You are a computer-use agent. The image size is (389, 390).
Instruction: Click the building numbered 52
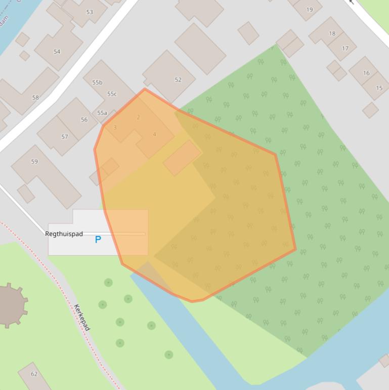[x=178, y=80]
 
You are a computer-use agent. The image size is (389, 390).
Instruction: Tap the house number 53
[x=90, y=12]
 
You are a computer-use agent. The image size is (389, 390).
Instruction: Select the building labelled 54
[x=57, y=51]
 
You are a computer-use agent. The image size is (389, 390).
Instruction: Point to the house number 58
[x=35, y=97]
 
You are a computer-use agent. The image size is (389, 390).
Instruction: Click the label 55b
[x=97, y=82]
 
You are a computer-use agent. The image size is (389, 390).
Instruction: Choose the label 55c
[x=112, y=94]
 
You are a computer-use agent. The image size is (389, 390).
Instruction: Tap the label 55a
[x=102, y=113]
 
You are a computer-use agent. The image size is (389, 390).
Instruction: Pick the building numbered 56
[x=84, y=120]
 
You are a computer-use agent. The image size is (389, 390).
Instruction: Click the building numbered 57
[x=64, y=136]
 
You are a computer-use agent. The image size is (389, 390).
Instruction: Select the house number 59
[x=34, y=162]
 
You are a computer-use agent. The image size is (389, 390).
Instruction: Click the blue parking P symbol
[x=98, y=239]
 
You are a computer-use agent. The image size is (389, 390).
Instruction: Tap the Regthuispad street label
[x=64, y=234]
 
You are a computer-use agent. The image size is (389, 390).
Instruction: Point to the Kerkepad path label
[x=82, y=318]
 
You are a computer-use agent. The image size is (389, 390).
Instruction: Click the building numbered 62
[x=34, y=374]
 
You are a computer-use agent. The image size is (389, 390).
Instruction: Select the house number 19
[x=310, y=9]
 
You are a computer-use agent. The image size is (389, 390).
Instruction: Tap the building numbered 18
[x=332, y=33]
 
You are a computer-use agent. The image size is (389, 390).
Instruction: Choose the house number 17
[x=345, y=49]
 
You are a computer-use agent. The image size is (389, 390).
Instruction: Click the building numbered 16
[x=366, y=73]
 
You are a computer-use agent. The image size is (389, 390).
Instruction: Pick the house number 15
[x=379, y=88]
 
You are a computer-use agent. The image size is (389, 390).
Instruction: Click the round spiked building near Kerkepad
[x=9, y=305]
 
